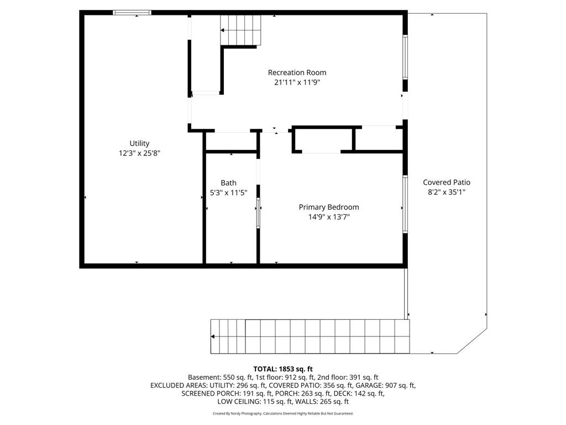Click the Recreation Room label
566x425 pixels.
pos(297,72)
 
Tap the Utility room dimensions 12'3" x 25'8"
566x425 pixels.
pos(139,153)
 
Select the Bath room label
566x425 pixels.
pos(228,183)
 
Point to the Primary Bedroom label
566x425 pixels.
pos(329,208)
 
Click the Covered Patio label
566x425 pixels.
pos(447,183)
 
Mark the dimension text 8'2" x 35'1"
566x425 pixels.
pos(447,192)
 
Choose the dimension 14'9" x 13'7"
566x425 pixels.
pos(329,217)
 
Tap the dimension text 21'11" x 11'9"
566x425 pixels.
pos(297,82)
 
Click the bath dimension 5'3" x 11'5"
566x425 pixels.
pos(228,193)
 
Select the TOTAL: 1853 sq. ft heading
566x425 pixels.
pos(283,369)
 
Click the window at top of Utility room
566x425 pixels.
pos(132,13)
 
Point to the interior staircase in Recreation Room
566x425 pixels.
pos(241,30)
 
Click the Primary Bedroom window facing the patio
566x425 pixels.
pos(405,204)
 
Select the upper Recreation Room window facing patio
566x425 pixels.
pos(405,57)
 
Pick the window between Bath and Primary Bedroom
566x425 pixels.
pos(258,212)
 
